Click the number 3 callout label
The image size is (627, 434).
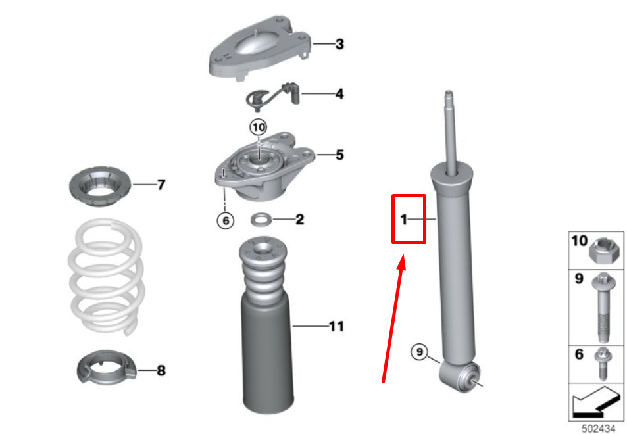pyautogui.click(x=339, y=44)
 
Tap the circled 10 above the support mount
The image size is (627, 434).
pyautogui.click(x=259, y=128)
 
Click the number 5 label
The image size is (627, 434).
pyautogui.click(x=339, y=155)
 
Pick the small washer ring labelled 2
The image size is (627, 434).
pyautogui.click(x=261, y=219)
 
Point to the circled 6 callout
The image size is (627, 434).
pyautogui.click(x=226, y=220)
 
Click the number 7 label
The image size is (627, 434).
pyautogui.click(x=161, y=185)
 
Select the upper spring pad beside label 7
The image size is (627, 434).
pyautogui.click(x=100, y=186)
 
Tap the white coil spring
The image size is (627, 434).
pyautogui.click(x=106, y=276)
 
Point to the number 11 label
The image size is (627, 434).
pyautogui.click(x=337, y=327)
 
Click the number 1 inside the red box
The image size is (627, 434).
pyautogui.click(x=404, y=220)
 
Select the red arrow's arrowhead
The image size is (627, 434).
pyautogui.click(x=402, y=262)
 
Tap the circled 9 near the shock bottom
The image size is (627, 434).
pyautogui.click(x=420, y=352)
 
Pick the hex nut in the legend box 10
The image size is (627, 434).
pyautogui.click(x=604, y=250)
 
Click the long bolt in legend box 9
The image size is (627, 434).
pyautogui.click(x=604, y=307)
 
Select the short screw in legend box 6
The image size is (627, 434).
pyautogui.click(x=603, y=364)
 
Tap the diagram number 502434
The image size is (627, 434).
pyautogui.click(x=598, y=428)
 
